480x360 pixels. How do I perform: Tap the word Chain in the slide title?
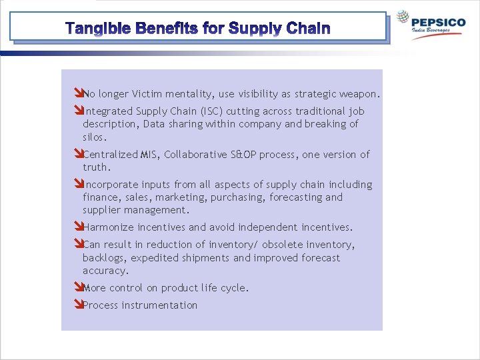[308, 29]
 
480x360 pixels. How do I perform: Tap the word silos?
[94, 137]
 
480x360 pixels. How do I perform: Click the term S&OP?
[241, 155]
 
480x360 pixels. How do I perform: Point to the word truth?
[96, 167]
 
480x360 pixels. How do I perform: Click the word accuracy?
[105, 271]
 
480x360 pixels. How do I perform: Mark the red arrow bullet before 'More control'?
[78, 288]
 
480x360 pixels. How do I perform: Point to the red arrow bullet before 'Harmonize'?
[78, 227]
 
